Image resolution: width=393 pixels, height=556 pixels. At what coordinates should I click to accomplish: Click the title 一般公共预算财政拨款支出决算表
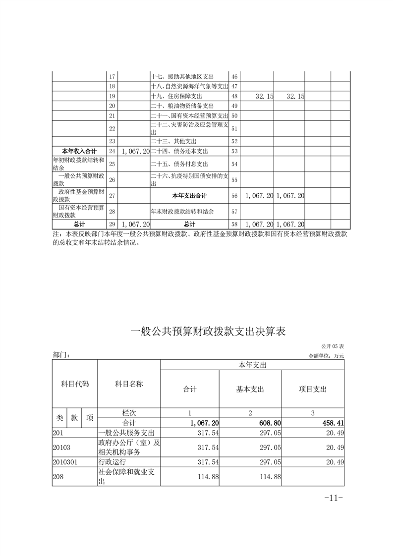(x=208, y=332)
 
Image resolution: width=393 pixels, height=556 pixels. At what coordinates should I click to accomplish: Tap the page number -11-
(x=333, y=498)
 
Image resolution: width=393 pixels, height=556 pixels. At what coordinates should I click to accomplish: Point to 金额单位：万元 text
(x=326, y=355)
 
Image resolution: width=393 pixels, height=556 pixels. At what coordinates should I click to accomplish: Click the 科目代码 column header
(x=75, y=384)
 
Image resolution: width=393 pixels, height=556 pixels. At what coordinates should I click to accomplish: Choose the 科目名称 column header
(x=129, y=384)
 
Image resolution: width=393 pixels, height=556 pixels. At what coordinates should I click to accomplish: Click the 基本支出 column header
(x=250, y=389)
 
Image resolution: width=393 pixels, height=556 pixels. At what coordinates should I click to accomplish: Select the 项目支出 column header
(x=313, y=389)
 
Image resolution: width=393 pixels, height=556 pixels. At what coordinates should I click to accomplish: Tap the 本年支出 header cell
(x=252, y=365)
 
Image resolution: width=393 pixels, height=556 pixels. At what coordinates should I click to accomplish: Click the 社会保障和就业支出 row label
(x=128, y=476)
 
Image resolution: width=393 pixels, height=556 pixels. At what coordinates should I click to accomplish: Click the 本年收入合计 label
(x=79, y=151)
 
